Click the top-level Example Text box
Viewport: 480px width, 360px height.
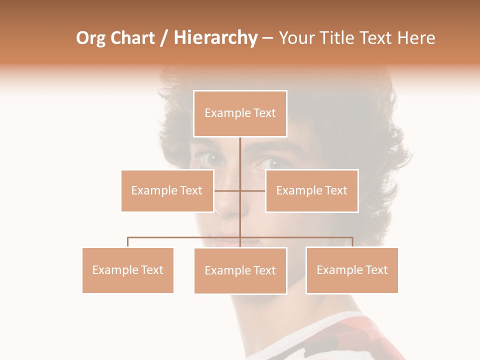[240, 113]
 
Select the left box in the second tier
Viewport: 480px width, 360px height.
[167, 190]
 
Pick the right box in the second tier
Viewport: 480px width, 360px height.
[311, 190]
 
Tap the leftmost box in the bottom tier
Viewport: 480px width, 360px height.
[127, 270]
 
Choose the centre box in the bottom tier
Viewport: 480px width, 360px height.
[240, 270]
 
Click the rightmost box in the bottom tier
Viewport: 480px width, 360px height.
[352, 270]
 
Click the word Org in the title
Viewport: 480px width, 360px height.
[90, 38]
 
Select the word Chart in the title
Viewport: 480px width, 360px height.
[132, 38]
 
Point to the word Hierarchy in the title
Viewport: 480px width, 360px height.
[215, 38]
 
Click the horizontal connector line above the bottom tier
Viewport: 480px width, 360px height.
[185, 237]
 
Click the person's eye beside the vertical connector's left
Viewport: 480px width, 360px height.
[212, 159]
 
